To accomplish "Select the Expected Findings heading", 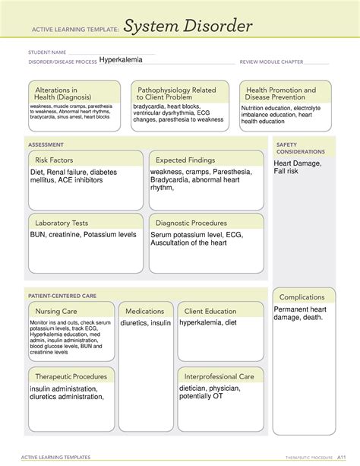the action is pos(185,160).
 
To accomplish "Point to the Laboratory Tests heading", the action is pos(62,223).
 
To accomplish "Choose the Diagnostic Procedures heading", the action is pos(191,223).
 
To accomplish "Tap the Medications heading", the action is pos(145,311).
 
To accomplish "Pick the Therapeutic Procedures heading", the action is pos(71,376).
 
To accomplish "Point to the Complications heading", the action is pos(302,297).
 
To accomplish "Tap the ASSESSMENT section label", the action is pos(46,143).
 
